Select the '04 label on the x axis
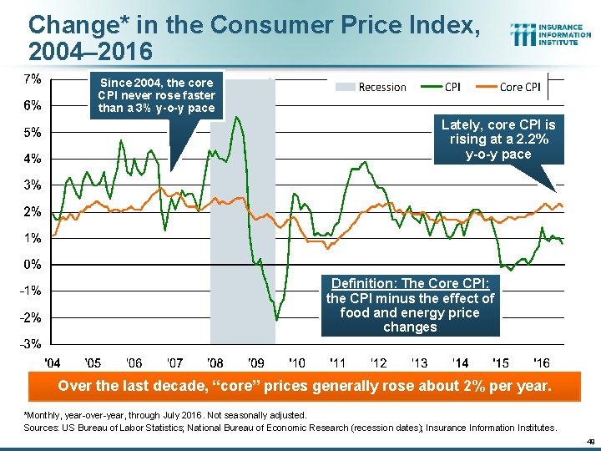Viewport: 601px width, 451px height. [52, 362]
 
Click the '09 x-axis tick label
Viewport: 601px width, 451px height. [256, 362]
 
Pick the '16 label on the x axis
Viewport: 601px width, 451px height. [542, 362]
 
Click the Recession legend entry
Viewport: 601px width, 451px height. [371, 87]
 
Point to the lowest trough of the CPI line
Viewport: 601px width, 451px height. [276, 319]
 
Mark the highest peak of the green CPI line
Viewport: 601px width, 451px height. [238, 117]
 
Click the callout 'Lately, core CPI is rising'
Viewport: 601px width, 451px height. [497, 139]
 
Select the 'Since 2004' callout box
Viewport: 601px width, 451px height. [156, 95]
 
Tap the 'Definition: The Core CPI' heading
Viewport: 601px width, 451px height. [410, 284]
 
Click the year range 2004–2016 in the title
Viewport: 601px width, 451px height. [90, 52]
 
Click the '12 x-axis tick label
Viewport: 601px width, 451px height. [378, 362]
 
